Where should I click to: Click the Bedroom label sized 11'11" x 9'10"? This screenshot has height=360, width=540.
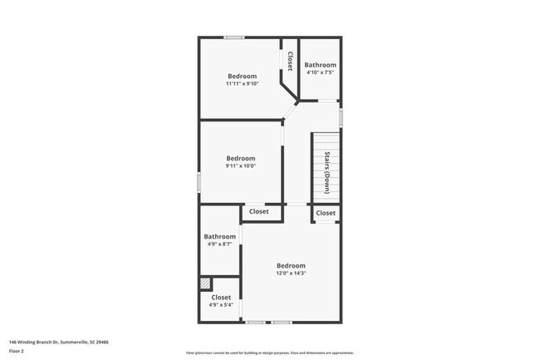point(242,76)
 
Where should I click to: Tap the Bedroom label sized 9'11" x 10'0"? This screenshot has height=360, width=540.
point(241,158)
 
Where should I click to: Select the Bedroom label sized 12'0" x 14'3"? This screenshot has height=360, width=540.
point(291,265)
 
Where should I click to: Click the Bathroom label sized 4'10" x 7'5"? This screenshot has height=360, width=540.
point(320,65)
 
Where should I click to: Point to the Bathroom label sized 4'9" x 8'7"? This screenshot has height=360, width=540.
point(220,236)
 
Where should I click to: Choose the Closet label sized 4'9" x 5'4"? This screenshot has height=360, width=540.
point(221,297)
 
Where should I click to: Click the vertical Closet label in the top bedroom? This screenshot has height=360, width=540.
point(290,62)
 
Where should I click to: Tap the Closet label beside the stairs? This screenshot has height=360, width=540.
point(326,213)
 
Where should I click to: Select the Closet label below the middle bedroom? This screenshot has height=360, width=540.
point(259,211)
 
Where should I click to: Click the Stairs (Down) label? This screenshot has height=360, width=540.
point(327,172)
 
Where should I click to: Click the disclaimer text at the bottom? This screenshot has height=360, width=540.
point(269,353)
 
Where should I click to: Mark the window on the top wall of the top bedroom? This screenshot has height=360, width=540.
point(233,37)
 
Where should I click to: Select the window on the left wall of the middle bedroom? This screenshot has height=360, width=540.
point(199,181)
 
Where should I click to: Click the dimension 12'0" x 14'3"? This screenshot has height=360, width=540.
point(291,273)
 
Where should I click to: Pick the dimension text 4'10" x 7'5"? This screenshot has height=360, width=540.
point(320,72)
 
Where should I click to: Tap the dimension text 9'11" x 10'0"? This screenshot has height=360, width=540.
point(241,165)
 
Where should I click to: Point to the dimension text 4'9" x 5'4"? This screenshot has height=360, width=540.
point(221,304)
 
